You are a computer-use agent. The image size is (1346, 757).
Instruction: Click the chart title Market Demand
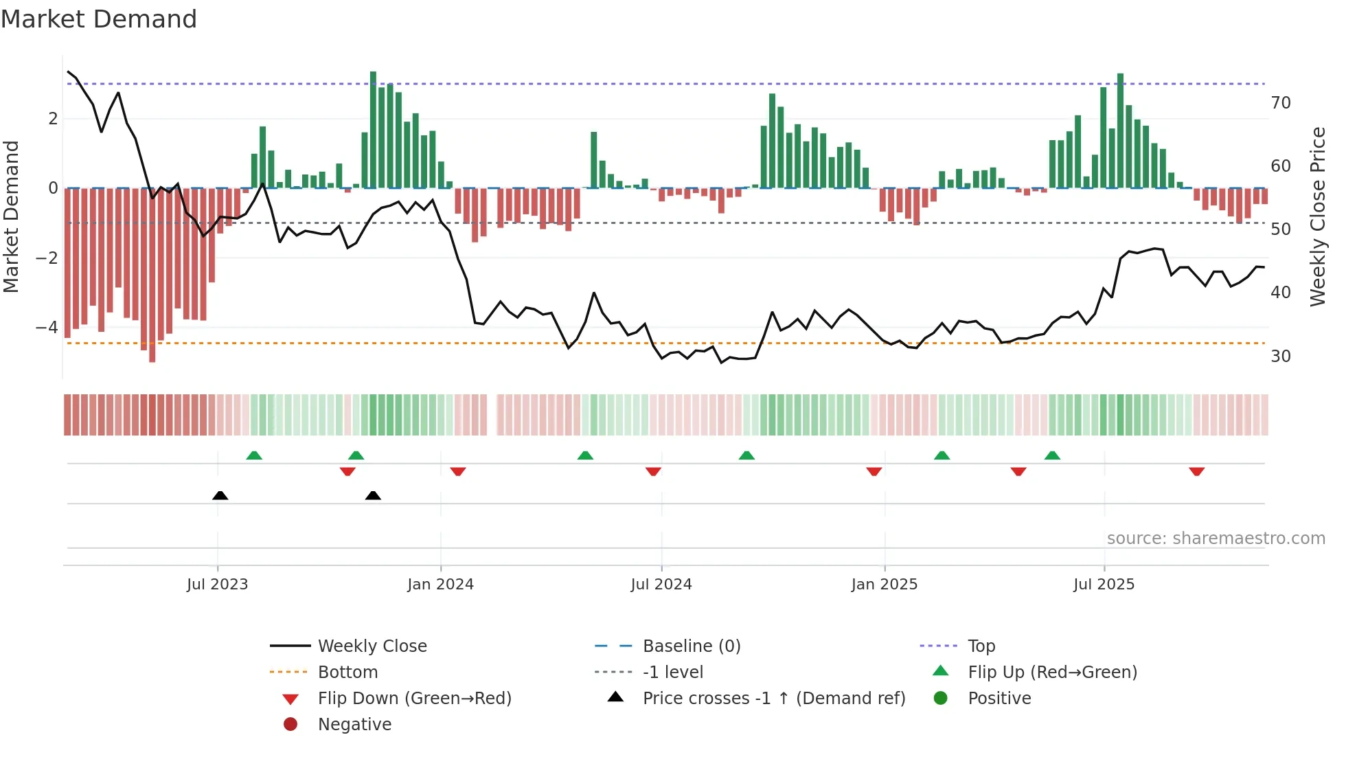click(99, 19)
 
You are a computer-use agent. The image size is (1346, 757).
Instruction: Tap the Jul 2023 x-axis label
click(217, 585)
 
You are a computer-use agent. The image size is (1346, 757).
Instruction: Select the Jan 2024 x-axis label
click(440, 585)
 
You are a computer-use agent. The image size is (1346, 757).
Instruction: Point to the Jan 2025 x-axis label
click(884, 585)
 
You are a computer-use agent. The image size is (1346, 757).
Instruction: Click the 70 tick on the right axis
click(1281, 103)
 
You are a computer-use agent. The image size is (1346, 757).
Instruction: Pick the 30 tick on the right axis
click(1281, 357)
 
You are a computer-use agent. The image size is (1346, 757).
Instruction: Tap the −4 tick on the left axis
click(47, 327)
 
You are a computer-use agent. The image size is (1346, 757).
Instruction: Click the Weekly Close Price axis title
click(1317, 216)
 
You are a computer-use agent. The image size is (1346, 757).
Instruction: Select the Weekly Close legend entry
click(372, 646)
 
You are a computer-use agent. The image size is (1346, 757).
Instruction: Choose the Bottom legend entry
click(347, 673)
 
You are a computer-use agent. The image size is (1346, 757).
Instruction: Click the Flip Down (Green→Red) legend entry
click(414, 699)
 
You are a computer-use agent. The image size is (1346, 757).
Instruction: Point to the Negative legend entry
click(354, 725)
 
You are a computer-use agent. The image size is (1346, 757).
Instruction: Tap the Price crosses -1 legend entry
click(773, 699)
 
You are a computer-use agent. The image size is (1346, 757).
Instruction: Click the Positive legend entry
click(999, 699)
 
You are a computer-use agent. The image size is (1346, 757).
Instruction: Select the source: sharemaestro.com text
click(1216, 539)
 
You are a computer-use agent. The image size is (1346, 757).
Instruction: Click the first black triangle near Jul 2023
click(220, 496)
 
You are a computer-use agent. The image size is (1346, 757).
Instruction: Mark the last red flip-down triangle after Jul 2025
click(1197, 471)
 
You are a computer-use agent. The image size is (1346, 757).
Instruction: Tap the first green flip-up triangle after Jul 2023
click(254, 455)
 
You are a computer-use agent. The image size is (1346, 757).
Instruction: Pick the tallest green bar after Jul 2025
click(1120, 131)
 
